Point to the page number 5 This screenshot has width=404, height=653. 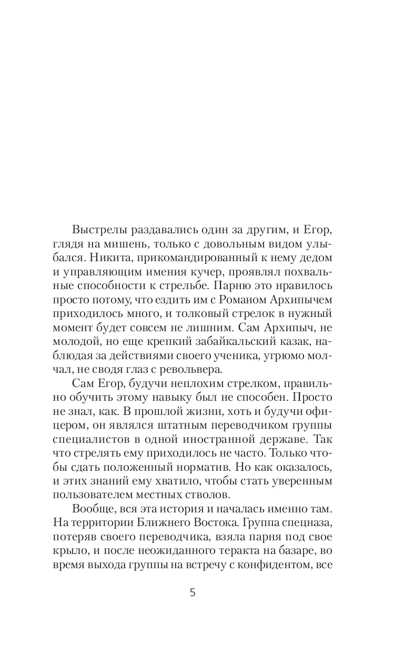193,592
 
